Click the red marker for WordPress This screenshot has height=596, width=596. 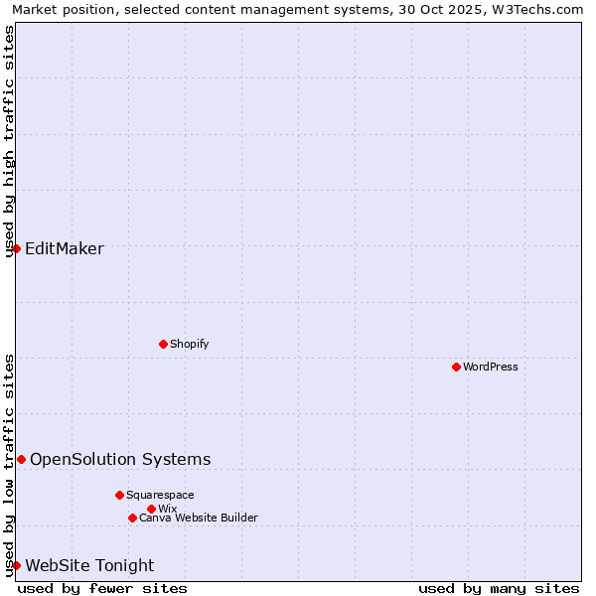click(456, 367)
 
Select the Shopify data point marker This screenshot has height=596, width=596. click(163, 344)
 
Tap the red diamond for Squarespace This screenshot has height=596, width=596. click(119, 495)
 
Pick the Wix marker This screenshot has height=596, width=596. click(151, 509)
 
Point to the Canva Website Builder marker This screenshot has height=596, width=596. click(132, 518)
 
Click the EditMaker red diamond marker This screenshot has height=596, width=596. click(16, 248)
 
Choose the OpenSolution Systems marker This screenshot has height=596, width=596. click(21, 459)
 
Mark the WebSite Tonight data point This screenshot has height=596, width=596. click(16, 565)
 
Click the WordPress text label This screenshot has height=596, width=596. click(491, 367)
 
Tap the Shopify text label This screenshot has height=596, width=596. click(190, 344)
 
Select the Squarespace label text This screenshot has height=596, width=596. click(160, 495)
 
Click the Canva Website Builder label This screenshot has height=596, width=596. click(199, 518)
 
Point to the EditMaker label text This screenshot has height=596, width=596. click(65, 248)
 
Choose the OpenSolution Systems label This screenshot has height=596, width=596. click(120, 459)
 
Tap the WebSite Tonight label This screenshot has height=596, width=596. click(89, 565)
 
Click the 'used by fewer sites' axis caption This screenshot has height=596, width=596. click(102, 588)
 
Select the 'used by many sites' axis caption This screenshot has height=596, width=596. click(499, 588)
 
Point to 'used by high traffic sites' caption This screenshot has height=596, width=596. click(10, 141)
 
